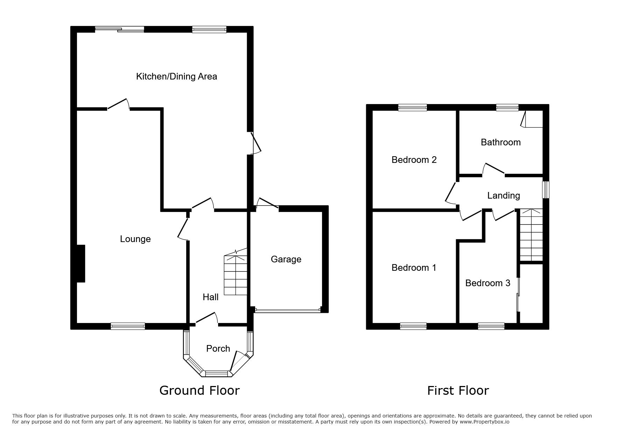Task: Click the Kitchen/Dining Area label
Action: (176, 76)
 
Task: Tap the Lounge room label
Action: (135, 239)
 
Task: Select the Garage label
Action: (286, 259)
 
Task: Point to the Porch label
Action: (218, 349)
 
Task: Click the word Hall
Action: (210, 297)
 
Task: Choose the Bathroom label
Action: (501, 142)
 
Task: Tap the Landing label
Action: (503, 195)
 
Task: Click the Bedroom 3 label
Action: (488, 283)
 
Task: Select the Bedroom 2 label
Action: (414, 160)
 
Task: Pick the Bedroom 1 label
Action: (414, 268)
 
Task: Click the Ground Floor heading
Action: (200, 390)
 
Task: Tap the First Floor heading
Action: (458, 390)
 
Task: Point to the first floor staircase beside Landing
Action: (531, 235)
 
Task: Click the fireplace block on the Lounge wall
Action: (81, 263)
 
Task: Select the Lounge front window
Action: (128, 326)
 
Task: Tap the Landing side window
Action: (546, 190)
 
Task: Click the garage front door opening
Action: (287, 310)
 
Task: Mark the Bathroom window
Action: (507, 108)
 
